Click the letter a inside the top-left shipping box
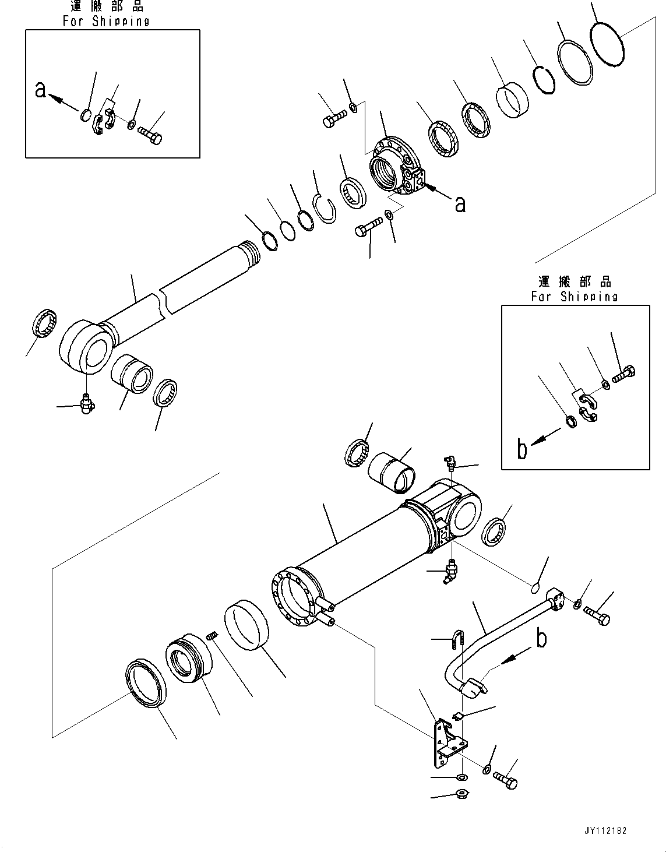click(40, 90)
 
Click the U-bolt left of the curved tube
click(457, 640)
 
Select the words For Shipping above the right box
click(573, 296)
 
